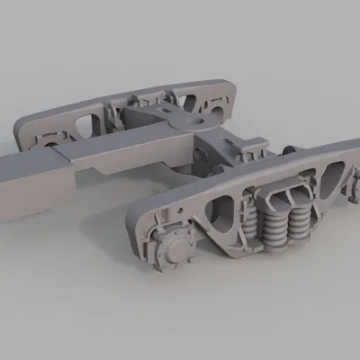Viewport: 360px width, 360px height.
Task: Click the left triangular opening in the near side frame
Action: (x=219, y=212)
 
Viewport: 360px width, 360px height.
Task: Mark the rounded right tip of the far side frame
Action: (x=236, y=90)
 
